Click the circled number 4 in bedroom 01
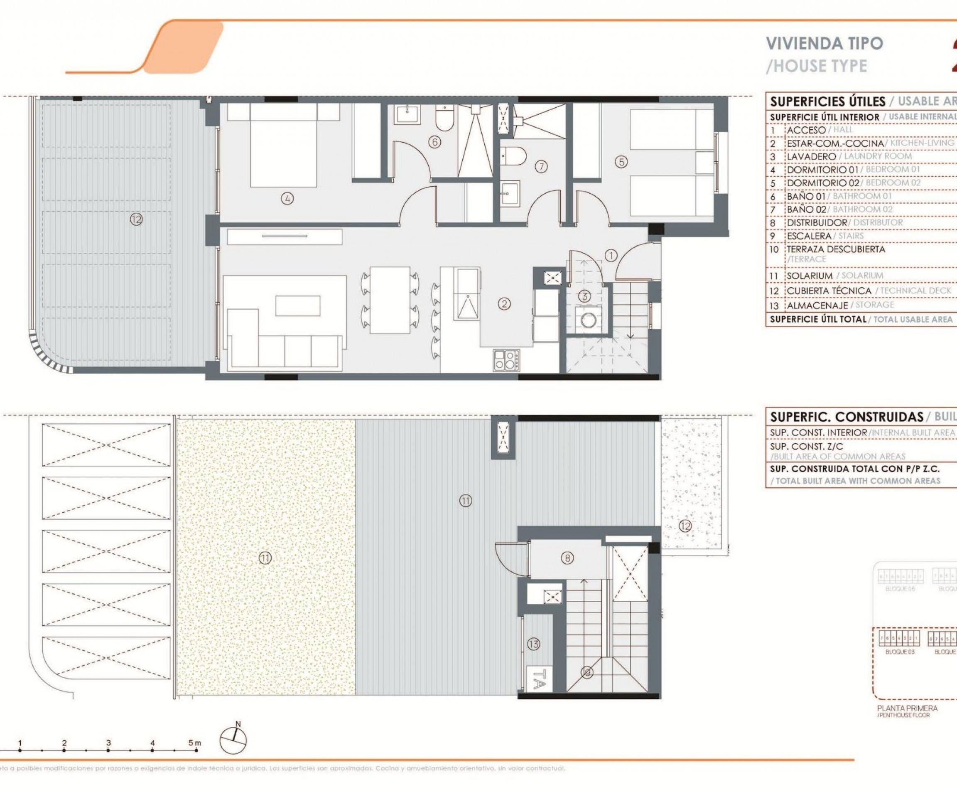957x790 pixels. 287,198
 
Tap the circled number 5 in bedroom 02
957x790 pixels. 621,162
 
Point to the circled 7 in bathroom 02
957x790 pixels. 540,167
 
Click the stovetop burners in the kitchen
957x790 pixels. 506,360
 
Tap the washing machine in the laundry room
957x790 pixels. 589,320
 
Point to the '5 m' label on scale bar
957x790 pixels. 194,743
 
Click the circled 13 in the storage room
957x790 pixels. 533,644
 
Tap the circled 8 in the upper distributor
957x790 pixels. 567,558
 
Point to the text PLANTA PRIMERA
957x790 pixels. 907,708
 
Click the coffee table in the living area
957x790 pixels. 297,305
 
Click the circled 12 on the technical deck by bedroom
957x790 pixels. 136,220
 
